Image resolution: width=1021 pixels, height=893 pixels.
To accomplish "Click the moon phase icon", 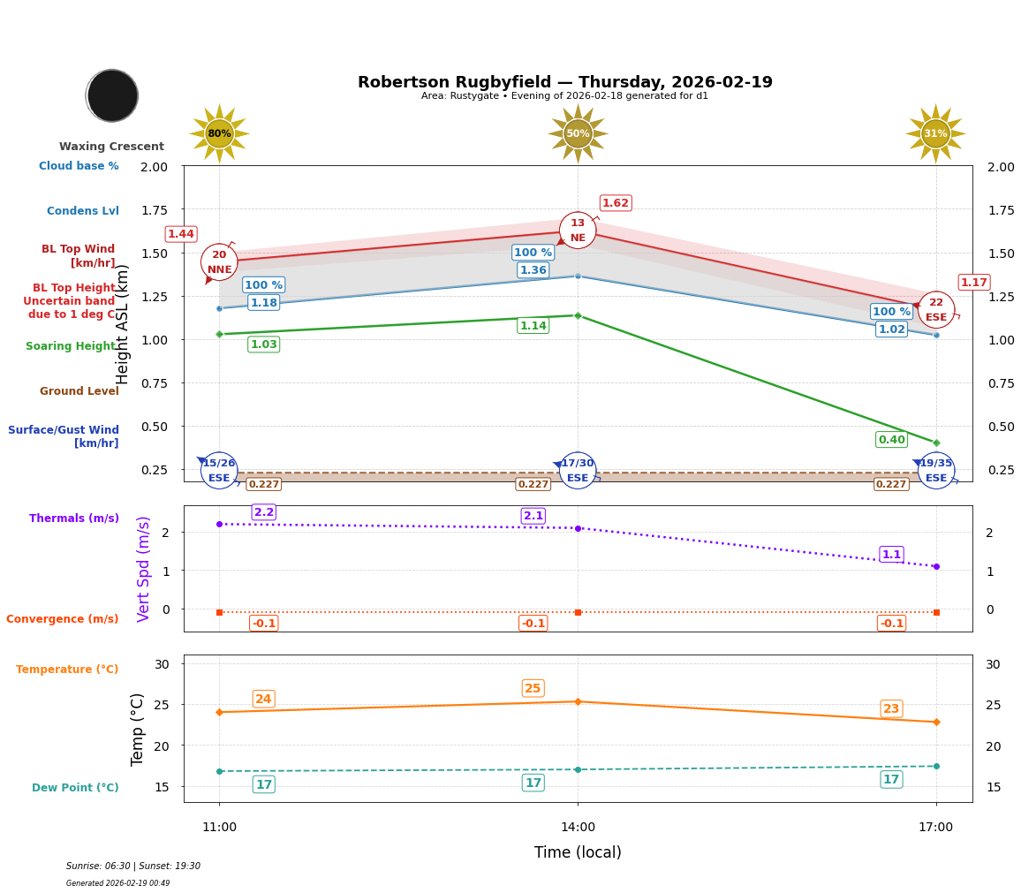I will click(x=112, y=95).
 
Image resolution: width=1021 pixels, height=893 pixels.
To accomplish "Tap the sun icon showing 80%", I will click(x=219, y=133).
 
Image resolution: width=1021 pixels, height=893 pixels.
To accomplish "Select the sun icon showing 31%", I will click(x=935, y=133).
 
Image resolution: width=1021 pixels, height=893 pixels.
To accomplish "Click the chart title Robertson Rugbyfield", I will click(x=564, y=82).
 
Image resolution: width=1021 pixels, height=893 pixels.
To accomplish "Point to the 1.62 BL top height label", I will click(x=615, y=203).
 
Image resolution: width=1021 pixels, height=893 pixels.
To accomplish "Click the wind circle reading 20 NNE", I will click(x=219, y=262).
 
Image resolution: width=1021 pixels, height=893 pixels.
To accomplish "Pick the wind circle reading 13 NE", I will click(x=578, y=231).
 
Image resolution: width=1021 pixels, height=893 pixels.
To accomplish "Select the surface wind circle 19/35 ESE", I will click(x=936, y=470).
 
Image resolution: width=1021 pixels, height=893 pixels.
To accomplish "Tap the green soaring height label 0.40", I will click(x=891, y=440).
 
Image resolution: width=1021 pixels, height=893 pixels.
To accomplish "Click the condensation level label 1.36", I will click(x=533, y=270).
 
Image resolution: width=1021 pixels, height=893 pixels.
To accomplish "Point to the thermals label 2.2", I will click(x=264, y=512).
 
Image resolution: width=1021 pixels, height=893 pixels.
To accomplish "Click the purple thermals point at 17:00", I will click(x=936, y=566).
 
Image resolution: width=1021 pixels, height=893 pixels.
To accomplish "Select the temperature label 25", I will click(x=533, y=688).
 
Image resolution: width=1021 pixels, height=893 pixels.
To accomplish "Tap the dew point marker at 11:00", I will click(x=219, y=771).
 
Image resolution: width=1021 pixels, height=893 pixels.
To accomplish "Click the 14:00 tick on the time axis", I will click(x=578, y=828).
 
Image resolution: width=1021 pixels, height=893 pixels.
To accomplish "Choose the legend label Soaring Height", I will click(x=72, y=346).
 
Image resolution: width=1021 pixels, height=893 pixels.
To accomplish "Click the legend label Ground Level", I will click(x=79, y=391).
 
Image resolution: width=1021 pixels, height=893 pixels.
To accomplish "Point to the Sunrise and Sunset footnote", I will click(x=133, y=867).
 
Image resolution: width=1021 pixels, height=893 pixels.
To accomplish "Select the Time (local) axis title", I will click(x=578, y=852).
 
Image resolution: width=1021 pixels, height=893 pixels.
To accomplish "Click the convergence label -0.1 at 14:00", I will click(x=533, y=624).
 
